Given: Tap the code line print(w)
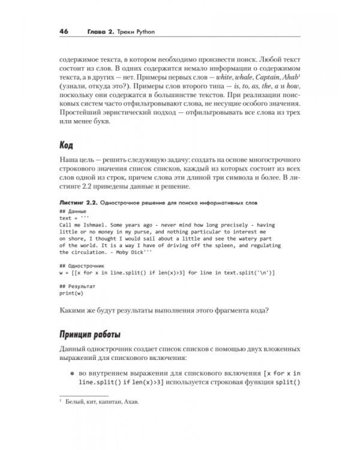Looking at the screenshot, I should tap(72, 294).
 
